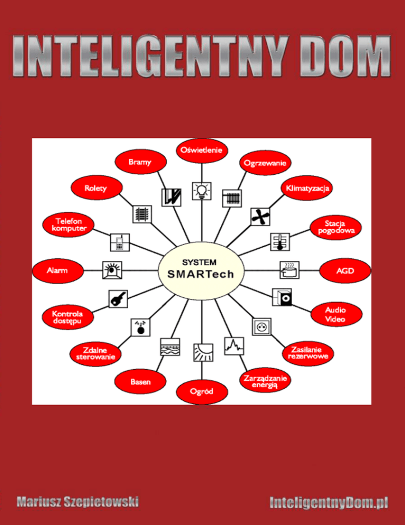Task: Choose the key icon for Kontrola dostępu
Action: tap(117, 299)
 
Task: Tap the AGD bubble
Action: tap(345, 270)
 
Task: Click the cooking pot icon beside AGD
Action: tap(287, 270)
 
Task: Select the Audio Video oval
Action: tap(335, 315)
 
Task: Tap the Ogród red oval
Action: tap(202, 391)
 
